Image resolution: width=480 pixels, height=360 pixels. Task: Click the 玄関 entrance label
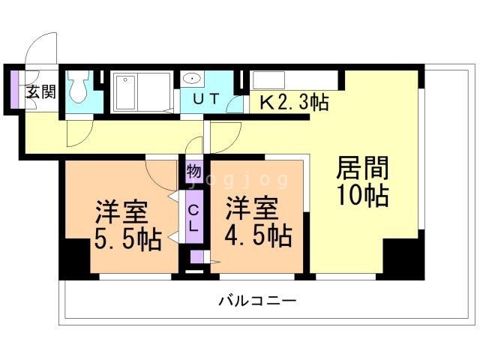coord(40,92)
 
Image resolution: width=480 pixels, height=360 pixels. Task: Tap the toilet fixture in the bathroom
coord(79,90)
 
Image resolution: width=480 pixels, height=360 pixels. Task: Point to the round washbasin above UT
coord(192,78)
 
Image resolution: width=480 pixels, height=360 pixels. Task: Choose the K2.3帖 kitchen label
coord(294,101)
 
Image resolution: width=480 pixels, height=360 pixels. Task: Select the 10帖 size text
coord(361,196)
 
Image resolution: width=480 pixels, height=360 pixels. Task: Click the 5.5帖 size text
coord(127,240)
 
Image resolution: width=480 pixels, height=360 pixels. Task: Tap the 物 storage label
coord(193,170)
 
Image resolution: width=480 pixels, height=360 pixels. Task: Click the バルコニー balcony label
coord(257,301)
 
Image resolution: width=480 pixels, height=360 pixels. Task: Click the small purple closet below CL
coord(196,258)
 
